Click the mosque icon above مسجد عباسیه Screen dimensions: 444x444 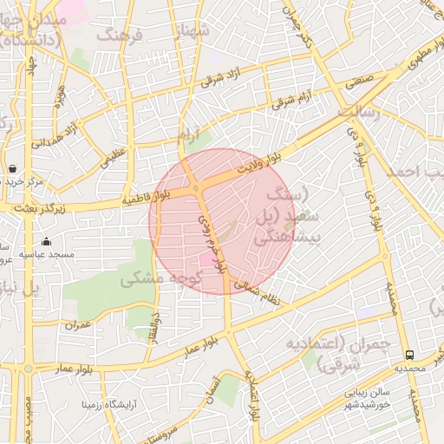tap(46, 242)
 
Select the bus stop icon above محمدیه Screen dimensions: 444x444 tap(409, 354)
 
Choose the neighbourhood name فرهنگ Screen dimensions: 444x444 tap(120, 35)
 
